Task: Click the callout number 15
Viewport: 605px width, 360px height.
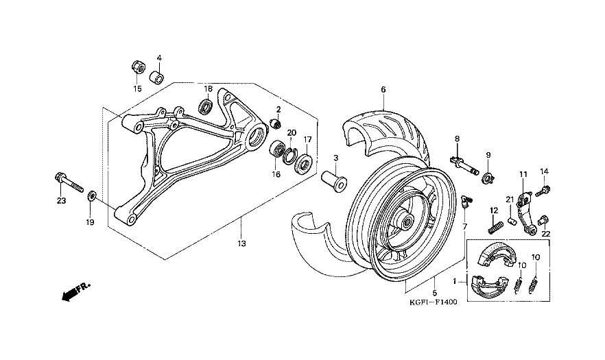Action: [137, 88]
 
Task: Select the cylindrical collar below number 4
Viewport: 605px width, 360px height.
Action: [157, 75]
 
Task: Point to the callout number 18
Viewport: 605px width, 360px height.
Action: [208, 90]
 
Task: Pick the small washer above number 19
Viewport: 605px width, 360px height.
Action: [92, 198]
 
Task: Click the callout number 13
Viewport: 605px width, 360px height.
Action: [241, 243]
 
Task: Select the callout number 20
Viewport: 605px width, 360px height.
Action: [292, 132]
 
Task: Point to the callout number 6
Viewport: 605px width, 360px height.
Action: [383, 89]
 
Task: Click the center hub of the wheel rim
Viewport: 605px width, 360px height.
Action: [406, 221]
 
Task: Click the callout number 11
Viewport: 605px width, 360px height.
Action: [522, 174]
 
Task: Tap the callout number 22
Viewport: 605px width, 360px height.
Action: [547, 233]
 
